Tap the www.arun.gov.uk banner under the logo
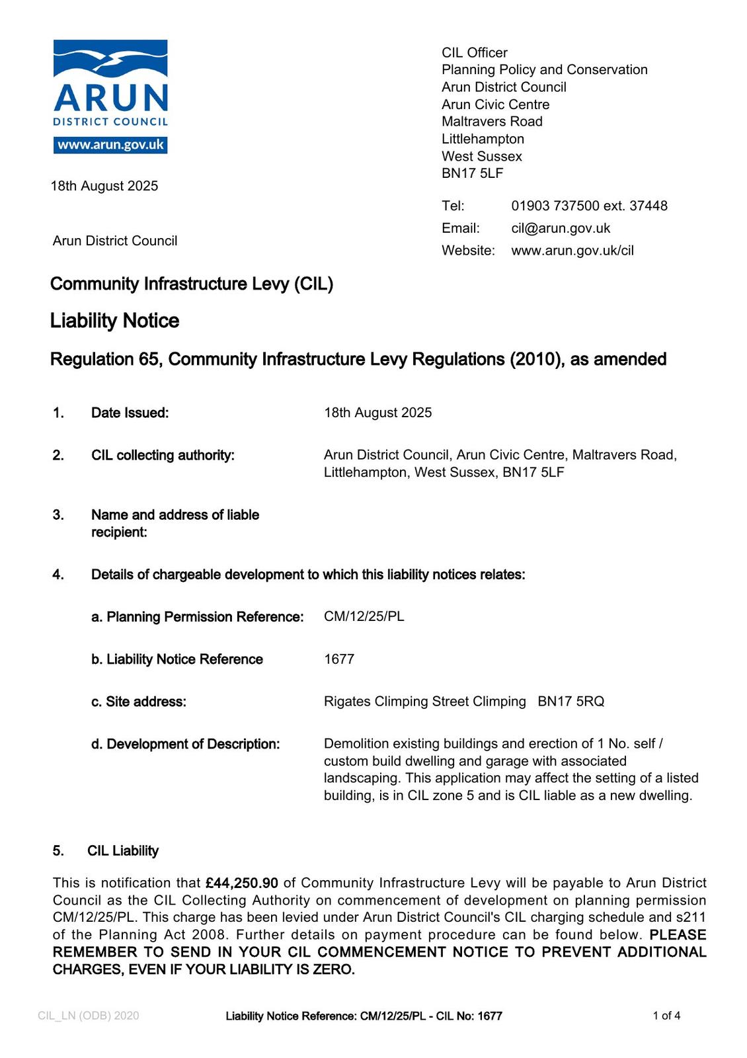110,145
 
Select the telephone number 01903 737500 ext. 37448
589,206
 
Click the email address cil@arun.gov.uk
561,228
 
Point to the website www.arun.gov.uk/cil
572,251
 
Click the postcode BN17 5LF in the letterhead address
472,173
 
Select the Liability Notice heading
115,321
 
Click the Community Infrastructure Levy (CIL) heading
192,284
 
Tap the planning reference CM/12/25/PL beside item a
364,616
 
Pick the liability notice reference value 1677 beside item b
339,659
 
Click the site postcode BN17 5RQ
571,702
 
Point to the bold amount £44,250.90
242,883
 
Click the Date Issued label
130,413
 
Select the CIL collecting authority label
163,455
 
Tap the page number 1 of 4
666,1016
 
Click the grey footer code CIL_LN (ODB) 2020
89,1016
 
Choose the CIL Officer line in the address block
475,53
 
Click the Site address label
139,702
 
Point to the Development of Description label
186,744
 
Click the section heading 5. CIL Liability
106,850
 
